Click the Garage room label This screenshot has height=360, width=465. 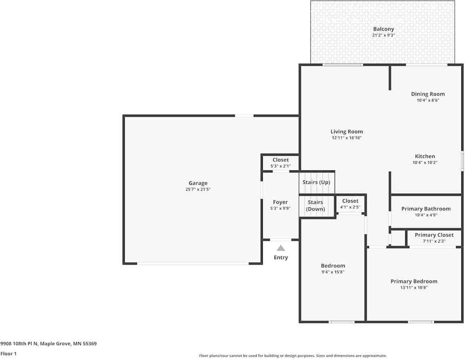(198, 183)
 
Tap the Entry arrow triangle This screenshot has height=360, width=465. (281, 248)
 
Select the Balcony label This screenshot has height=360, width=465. (383, 29)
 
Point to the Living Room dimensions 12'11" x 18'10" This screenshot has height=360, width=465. (347, 138)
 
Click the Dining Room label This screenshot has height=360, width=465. (428, 94)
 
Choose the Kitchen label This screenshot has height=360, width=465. (425, 156)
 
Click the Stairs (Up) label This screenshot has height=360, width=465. (316, 182)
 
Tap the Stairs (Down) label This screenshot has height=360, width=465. (315, 205)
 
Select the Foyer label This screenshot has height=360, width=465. (280, 202)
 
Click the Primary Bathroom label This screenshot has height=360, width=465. (426, 209)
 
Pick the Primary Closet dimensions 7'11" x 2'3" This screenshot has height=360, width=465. (434, 241)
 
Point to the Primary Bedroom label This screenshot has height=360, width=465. (414, 281)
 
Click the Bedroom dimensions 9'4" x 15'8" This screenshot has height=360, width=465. (333, 272)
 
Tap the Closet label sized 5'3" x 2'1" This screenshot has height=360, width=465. (281, 160)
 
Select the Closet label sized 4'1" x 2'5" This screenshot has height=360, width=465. (350, 201)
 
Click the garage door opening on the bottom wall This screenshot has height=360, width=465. (193, 264)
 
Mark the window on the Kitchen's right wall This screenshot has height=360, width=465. (463, 161)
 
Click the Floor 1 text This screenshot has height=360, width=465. (9, 354)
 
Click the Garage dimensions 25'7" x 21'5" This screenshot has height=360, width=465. (198, 189)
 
